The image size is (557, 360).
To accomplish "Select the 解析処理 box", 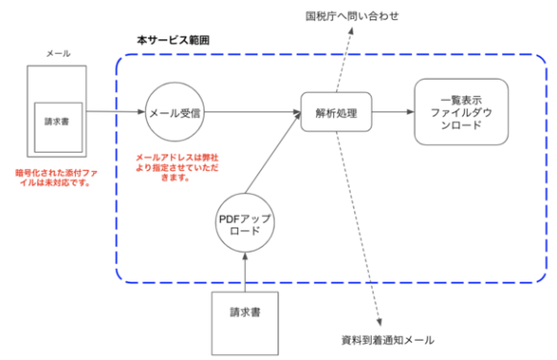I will click(335, 113).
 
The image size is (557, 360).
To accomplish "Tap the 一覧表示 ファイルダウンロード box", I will click(461, 112).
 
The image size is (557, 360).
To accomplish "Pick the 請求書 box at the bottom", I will click(245, 317).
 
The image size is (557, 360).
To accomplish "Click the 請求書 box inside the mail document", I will click(57, 123).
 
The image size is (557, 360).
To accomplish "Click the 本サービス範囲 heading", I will click(174, 41).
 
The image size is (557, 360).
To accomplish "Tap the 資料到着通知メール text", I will click(388, 340).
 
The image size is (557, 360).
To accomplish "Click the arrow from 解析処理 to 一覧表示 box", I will click(392, 112).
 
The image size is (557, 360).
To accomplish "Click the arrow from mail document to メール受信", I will click(117, 112).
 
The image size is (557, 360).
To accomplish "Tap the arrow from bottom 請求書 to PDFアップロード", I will click(245, 275).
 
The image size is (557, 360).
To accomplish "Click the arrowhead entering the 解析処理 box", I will click(297, 112).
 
